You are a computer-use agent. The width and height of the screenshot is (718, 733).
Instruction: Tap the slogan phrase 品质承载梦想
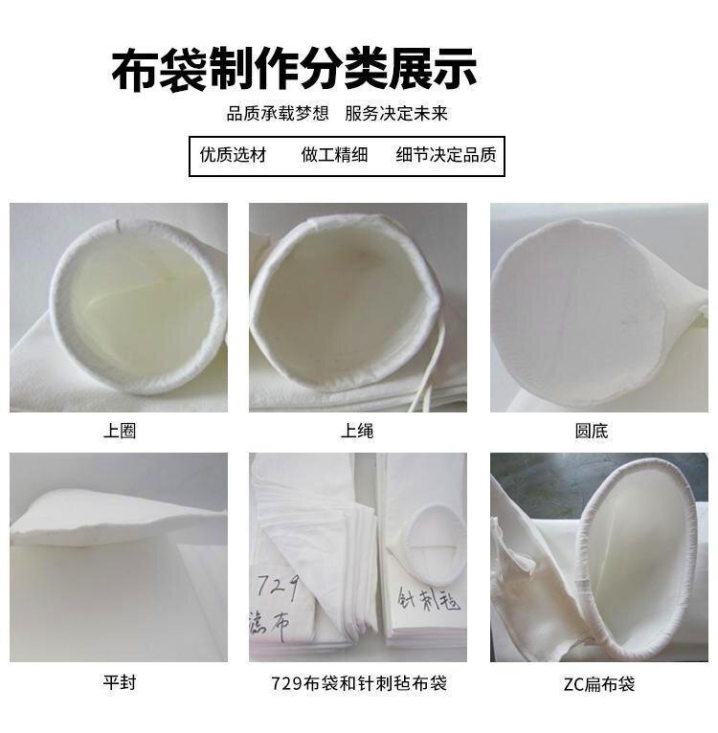[278, 114]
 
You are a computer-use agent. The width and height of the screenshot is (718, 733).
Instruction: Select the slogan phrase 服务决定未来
[396, 114]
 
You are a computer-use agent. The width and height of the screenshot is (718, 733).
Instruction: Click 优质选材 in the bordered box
[233, 155]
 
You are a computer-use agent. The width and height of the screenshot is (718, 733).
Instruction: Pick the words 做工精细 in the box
[334, 155]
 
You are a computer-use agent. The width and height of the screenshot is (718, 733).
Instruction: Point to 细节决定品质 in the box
[446, 155]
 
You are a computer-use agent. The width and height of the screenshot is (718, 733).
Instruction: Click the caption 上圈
[120, 432]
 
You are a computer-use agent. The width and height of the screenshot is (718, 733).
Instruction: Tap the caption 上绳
[357, 432]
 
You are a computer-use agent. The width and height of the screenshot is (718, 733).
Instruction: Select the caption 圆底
[591, 432]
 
